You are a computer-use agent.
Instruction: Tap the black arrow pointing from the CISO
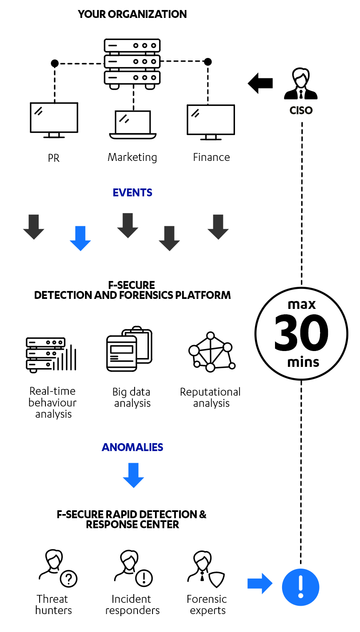(260, 83)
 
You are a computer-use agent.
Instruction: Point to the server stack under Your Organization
(132, 63)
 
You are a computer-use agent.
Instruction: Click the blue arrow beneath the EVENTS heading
(80, 238)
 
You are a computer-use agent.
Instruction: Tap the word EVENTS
(132, 193)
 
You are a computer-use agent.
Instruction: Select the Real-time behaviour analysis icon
(51, 355)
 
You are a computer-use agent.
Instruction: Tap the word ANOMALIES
(132, 447)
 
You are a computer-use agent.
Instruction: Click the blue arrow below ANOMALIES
(133, 475)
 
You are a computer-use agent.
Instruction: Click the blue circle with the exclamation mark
(300, 587)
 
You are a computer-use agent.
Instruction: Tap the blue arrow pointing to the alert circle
(260, 583)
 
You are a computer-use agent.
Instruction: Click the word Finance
(211, 157)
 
